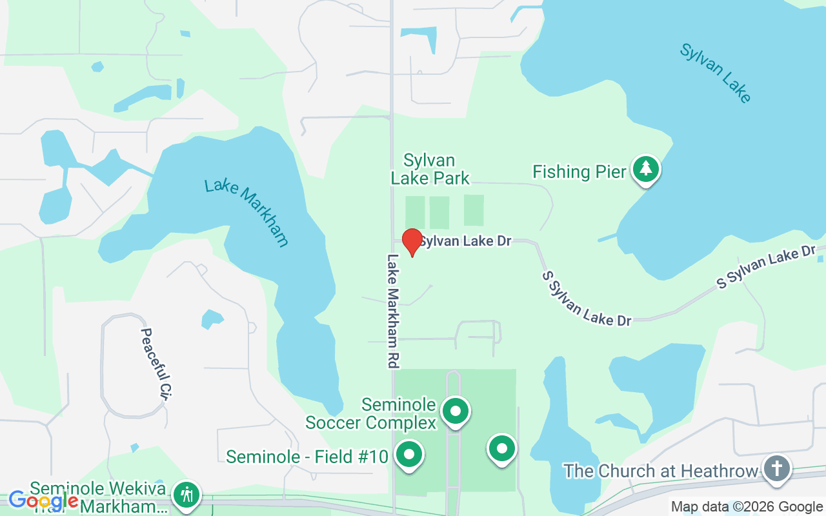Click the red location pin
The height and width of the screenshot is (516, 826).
(x=412, y=241)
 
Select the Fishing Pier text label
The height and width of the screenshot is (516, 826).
(x=579, y=172)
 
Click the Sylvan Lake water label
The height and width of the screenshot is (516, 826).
(x=716, y=73)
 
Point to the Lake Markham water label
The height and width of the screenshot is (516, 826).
(x=247, y=213)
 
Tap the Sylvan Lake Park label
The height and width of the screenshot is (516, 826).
(x=430, y=169)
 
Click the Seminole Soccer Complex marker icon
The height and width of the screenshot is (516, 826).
(x=456, y=410)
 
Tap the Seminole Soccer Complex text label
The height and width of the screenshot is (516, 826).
(x=370, y=413)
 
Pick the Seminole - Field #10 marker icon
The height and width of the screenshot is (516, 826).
(x=408, y=455)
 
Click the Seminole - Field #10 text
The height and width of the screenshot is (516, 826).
(x=307, y=457)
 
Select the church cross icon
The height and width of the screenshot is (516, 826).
(x=777, y=468)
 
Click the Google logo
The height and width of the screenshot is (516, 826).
(x=43, y=500)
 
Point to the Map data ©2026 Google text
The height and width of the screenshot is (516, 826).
(x=747, y=507)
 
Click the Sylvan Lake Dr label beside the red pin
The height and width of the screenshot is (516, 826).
(x=465, y=241)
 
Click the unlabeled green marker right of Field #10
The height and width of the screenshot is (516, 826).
(x=502, y=448)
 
